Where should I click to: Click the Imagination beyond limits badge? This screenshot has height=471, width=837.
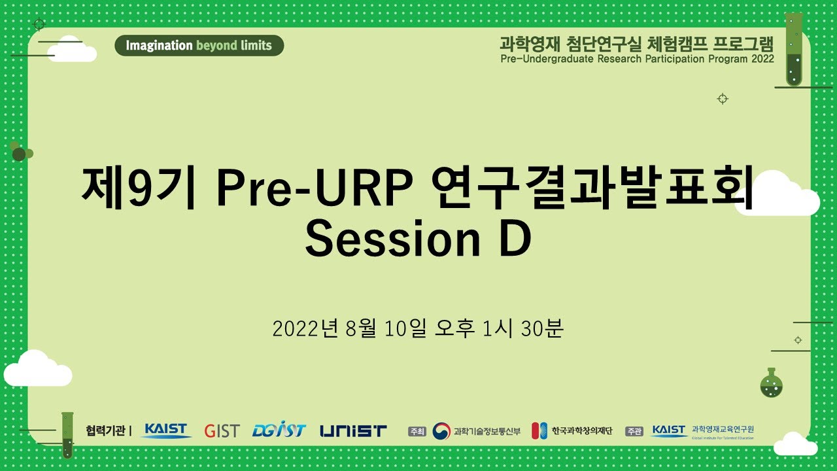point(199,45)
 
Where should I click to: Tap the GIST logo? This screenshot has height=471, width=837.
point(222,431)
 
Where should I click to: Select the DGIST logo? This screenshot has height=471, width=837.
point(279,430)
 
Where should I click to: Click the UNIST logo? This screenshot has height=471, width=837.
point(353,431)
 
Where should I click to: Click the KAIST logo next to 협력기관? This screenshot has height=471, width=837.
point(166,430)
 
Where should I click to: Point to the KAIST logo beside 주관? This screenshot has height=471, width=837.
point(668,430)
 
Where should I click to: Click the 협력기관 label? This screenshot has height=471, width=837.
point(107,430)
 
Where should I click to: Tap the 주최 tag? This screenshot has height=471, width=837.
point(417,431)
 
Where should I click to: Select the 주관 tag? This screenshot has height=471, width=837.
point(634,431)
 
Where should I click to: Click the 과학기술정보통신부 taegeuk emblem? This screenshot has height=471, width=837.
point(441,430)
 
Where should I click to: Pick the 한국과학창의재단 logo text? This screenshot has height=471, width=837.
point(581,430)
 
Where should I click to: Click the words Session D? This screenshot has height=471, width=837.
point(418,239)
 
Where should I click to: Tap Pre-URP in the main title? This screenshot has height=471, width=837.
point(315,189)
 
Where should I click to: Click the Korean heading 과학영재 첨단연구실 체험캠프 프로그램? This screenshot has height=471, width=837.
point(636,44)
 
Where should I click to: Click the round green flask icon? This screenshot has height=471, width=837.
point(772,384)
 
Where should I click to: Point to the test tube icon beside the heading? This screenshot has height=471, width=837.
point(794,50)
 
